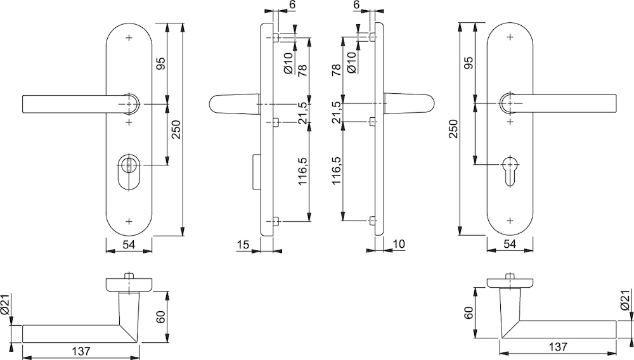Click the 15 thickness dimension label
(243, 245)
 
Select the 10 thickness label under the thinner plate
(398, 244)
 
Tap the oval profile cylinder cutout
(129, 172)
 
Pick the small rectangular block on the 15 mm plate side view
(256, 172)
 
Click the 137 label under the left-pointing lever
(81, 351)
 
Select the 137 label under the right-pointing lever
(559, 347)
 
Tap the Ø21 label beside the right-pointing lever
(625, 300)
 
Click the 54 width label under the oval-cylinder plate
(129, 245)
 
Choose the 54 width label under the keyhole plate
(510, 244)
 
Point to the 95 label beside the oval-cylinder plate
(160, 63)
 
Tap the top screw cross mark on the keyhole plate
(510, 37)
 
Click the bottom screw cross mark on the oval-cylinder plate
(129, 221)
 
